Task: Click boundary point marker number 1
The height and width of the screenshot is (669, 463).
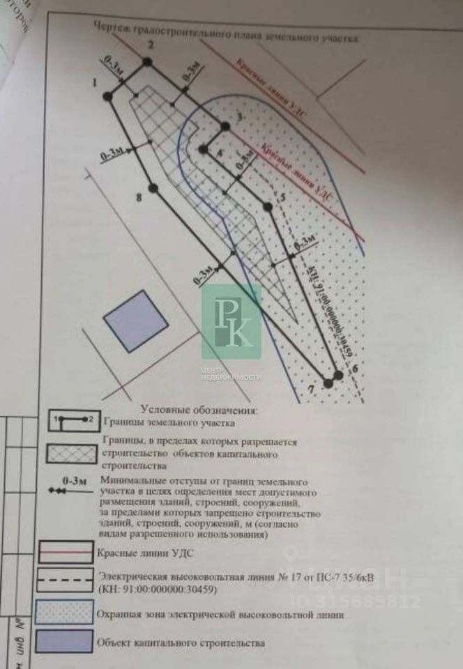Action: [x=107, y=96]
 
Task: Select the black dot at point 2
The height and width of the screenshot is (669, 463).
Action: [x=146, y=62]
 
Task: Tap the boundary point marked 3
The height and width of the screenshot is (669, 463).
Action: [x=225, y=126]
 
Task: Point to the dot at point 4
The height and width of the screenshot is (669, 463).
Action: [x=203, y=149]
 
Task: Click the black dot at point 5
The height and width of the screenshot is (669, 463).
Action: [x=266, y=206]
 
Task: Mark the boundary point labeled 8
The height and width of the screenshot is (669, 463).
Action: [x=154, y=188]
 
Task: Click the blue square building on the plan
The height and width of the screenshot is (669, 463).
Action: [x=135, y=317]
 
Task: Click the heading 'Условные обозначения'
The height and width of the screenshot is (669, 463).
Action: [x=199, y=410]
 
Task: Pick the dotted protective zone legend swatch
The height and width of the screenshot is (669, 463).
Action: [x=66, y=612]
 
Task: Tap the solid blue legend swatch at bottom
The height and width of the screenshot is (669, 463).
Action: [x=66, y=642]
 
